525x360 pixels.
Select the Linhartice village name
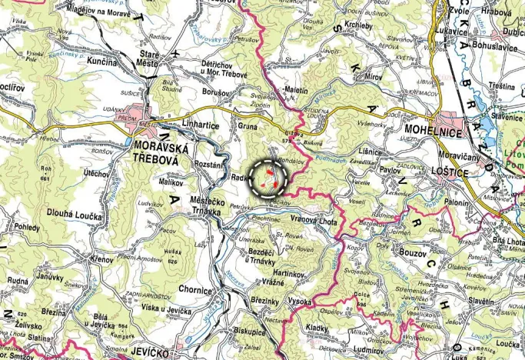coord(201,125)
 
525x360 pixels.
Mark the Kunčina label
coord(103,60)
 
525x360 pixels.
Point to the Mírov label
coord(374,78)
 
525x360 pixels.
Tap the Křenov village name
coord(100,261)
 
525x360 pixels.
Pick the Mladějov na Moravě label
coord(77,11)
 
